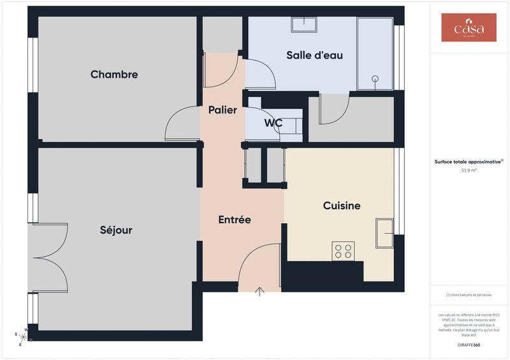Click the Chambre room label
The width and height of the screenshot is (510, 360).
pyautogui.click(x=114, y=75)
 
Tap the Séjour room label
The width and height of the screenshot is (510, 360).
pyautogui.click(x=116, y=230)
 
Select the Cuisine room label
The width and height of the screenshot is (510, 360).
pyautogui.click(x=342, y=205)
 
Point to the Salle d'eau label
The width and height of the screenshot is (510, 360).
pyautogui.click(x=314, y=55)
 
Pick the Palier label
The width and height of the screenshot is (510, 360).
pyautogui.click(x=222, y=110)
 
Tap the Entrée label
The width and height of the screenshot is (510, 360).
pyautogui.click(x=235, y=220)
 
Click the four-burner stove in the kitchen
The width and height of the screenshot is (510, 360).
pyautogui.click(x=343, y=251)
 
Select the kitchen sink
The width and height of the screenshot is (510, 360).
pyautogui.click(x=385, y=233)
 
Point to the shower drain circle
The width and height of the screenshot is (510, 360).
pyautogui.click(x=375, y=79)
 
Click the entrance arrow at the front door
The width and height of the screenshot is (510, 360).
pyautogui.click(x=260, y=292)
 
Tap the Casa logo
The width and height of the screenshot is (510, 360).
pyautogui.click(x=469, y=28)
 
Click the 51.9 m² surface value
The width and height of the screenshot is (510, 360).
pyautogui.click(x=469, y=171)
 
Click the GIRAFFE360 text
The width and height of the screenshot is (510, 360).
pyautogui.click(x=469, y=345)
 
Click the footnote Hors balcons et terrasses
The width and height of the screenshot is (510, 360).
pyautogui.click(x=469, y=295)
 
